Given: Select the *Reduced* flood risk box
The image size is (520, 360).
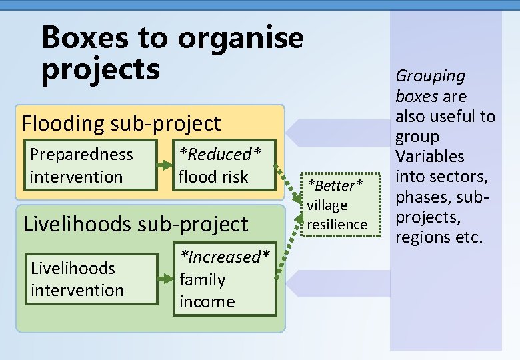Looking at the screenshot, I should click(223, 165).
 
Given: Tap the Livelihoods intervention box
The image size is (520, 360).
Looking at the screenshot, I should click(90, 279).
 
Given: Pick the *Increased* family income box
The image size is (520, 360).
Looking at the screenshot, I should click(225, 279).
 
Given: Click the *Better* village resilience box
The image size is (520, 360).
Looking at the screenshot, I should click(337, 204).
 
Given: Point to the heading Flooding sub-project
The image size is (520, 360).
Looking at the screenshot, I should click(121, 123).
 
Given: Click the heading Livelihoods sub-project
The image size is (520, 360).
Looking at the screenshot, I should click(135, 223).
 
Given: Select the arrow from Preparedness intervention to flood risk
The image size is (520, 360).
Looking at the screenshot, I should click(164, 165).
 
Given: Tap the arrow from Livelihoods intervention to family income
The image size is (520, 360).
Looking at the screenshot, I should click(164, 279).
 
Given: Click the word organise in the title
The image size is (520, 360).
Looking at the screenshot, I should click(240, 39).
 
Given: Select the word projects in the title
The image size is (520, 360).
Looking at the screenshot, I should click(101, 69).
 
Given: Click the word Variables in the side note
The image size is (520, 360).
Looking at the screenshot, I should click(430, 157).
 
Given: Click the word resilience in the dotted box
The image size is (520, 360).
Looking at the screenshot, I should click(337, 225).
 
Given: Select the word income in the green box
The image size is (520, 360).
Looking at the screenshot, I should click(207, 301).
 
